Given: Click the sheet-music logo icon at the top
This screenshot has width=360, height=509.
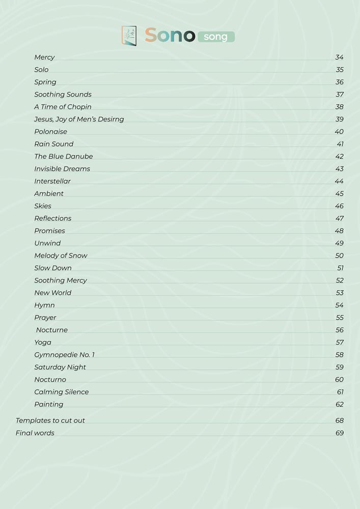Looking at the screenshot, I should [x=129, y=36].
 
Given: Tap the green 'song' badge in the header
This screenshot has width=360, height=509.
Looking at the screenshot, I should [x=216, y=37].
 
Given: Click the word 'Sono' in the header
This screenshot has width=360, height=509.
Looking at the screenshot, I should [x=170, y=36].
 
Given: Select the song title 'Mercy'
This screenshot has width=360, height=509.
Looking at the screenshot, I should [x=44, y=58].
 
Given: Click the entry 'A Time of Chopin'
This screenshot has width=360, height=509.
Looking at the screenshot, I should [x=63, y=107].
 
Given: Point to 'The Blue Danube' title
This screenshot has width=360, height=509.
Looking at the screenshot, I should [x=63, y=156].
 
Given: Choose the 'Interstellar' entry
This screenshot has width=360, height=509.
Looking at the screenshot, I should [x=52, y=181].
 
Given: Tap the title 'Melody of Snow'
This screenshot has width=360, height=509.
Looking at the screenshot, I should [x=61, y=256].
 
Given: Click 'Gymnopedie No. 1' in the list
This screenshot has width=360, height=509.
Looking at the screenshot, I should [x=64, y=355].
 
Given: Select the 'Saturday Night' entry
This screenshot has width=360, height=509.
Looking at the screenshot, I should [x=60, y=367].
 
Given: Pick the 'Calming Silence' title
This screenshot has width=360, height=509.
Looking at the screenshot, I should [x=61, y=392].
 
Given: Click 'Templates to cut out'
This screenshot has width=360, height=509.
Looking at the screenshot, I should [x=50, y=420].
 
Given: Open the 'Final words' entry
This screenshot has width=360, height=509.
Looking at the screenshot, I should [x=35, y=433].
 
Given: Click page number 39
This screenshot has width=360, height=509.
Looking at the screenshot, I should [x=339, y=119].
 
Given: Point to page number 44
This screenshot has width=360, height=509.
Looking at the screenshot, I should [x=339, y=181].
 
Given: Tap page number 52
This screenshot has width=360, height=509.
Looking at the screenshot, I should [x=339, y=280].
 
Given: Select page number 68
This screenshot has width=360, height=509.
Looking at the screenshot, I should [x=339, y=420].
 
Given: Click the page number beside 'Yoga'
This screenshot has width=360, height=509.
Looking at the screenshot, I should [x=339, y=343].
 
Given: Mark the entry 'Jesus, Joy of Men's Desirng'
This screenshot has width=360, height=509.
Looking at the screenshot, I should [x=79, y=119].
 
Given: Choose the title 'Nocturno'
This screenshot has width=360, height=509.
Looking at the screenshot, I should [x=50, y=380].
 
